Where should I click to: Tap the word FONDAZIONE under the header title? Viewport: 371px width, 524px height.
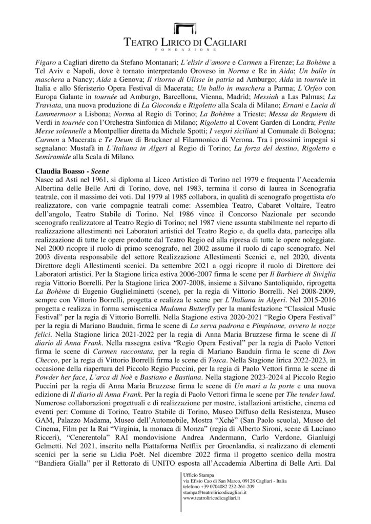coord(185,50)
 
